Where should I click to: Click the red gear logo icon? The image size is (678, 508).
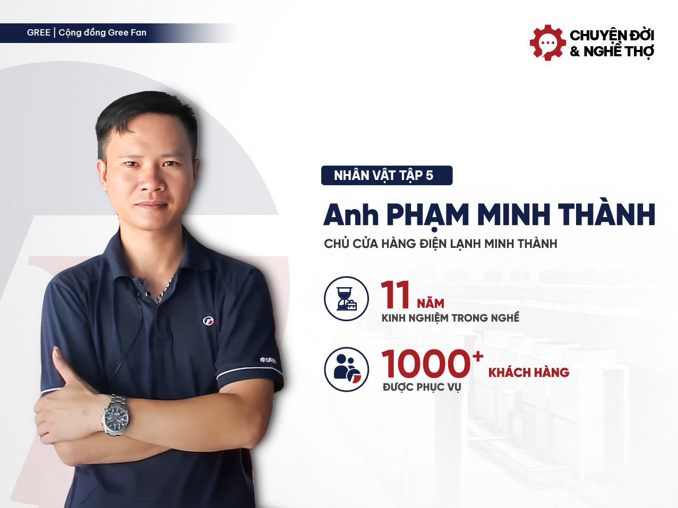547,42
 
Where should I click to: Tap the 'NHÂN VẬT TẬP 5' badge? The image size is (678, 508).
387,175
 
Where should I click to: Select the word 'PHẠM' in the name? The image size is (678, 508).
427,215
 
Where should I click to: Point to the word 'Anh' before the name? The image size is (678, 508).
351,215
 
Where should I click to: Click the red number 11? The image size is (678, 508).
396,295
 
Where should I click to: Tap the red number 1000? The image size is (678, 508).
426,364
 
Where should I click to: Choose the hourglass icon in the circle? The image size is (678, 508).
346,298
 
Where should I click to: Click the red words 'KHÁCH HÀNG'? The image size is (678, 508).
529,373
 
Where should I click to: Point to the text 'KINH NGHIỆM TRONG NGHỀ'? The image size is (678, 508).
450,318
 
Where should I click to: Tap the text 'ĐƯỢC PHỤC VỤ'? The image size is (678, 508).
422,387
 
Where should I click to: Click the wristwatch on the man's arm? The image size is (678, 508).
116,415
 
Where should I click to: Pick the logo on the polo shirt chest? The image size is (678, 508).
209,320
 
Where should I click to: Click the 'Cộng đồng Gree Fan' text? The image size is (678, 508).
102,33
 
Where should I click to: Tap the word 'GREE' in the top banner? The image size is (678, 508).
39,33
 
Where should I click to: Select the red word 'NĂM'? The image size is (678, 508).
431,303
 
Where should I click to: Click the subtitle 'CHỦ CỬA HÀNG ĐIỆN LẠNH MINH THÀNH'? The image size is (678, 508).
441,244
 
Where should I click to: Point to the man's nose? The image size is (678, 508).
152,180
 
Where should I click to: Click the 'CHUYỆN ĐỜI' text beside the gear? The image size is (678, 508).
612,35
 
